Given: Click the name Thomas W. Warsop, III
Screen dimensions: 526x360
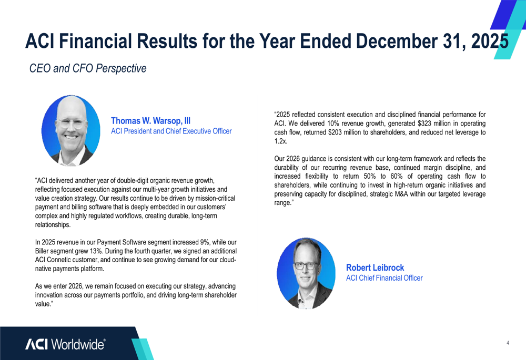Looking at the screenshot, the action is click(150, 121).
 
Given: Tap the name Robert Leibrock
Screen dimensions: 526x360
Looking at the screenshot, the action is click(375, 268).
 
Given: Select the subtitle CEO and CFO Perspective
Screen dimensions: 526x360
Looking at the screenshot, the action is click(88, 68).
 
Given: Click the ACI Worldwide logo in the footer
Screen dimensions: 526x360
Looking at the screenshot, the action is click(65, 344).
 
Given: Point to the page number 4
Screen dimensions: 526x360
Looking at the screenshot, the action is click(508, 343).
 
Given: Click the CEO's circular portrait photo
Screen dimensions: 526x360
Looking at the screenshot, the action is click(71, 131).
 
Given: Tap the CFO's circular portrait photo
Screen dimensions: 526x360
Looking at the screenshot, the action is click(306, 273).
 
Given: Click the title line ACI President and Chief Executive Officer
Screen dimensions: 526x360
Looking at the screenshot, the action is click(171, 131).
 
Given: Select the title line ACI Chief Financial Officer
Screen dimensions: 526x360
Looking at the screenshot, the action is click(385, 278).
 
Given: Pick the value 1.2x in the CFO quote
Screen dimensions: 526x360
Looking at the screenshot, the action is click(281, 141).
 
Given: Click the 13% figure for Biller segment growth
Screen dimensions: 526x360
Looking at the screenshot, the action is click(96, 251).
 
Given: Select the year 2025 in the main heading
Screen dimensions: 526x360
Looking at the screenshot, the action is click(490, 41).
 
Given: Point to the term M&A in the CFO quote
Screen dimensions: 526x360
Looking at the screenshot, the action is click(400, 194).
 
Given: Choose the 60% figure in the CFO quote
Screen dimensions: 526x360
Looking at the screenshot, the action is click(397, 176).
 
